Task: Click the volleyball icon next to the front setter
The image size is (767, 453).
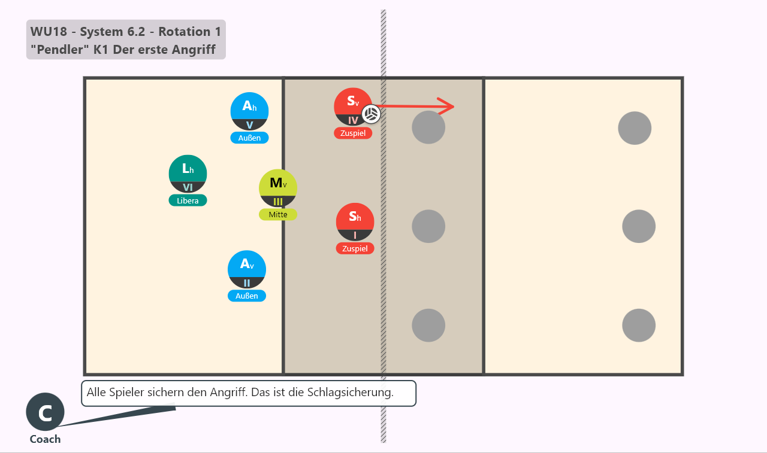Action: click(x=371, y=114)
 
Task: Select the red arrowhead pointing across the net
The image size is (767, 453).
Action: click(x=447, y=107)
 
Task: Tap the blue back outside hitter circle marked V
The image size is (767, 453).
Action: click(x=249, y=111)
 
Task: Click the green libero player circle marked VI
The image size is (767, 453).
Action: click(x=188, y=174)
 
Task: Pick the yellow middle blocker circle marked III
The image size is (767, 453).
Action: click(x=277, y=188)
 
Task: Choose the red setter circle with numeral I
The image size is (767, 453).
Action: click(x=355, y=222)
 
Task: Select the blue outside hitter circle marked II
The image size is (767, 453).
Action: click(x=246, y=270)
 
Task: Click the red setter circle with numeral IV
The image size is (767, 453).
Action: click(x=353, y=107)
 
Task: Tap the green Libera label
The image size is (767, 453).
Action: click(x=188, y=200)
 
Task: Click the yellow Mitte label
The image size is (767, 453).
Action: click(x=277, y=215)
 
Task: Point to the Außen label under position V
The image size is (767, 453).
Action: click(x=249, y=138)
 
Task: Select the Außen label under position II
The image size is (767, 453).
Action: click(x=246, y=296)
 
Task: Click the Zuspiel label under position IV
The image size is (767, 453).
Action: click(x=353, y=133)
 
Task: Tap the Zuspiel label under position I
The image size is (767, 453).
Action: click(x=355, y=248)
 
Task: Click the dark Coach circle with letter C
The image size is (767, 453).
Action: click(x=45, y=412)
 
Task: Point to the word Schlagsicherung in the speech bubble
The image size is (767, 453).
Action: click(x=350, y=393)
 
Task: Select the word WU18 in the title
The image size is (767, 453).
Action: click(x=49, y=32)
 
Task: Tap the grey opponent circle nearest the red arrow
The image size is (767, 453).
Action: click(x=428, y=127)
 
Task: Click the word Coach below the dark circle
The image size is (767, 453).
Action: click(x=45, y=439)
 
